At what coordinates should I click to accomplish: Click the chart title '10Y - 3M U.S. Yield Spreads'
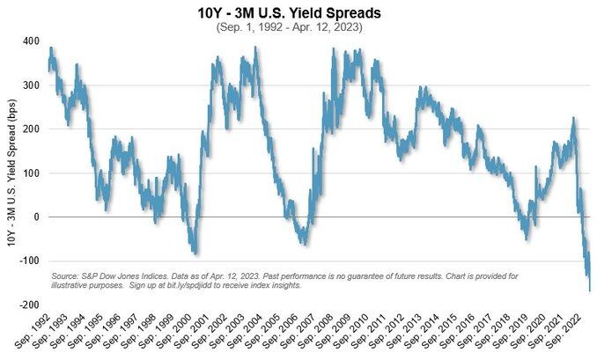[x=298, y=13]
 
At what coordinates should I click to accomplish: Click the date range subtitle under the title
[x=298, y=27]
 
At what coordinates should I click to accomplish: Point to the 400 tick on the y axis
[x=30, y=41]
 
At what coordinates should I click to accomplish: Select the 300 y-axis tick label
[x=30, y=85]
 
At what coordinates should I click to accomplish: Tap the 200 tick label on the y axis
[x=30, y=129]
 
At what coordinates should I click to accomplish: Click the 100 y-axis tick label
[x=30, y=173]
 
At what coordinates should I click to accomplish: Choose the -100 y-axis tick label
[x=28, y=261]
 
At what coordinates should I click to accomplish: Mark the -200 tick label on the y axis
[x=28, y=305]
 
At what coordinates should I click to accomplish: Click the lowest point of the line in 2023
[x=589, y=290]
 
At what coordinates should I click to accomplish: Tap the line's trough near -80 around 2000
[x=195, y=253]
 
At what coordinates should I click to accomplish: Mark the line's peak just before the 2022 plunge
[x=572, y=118]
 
